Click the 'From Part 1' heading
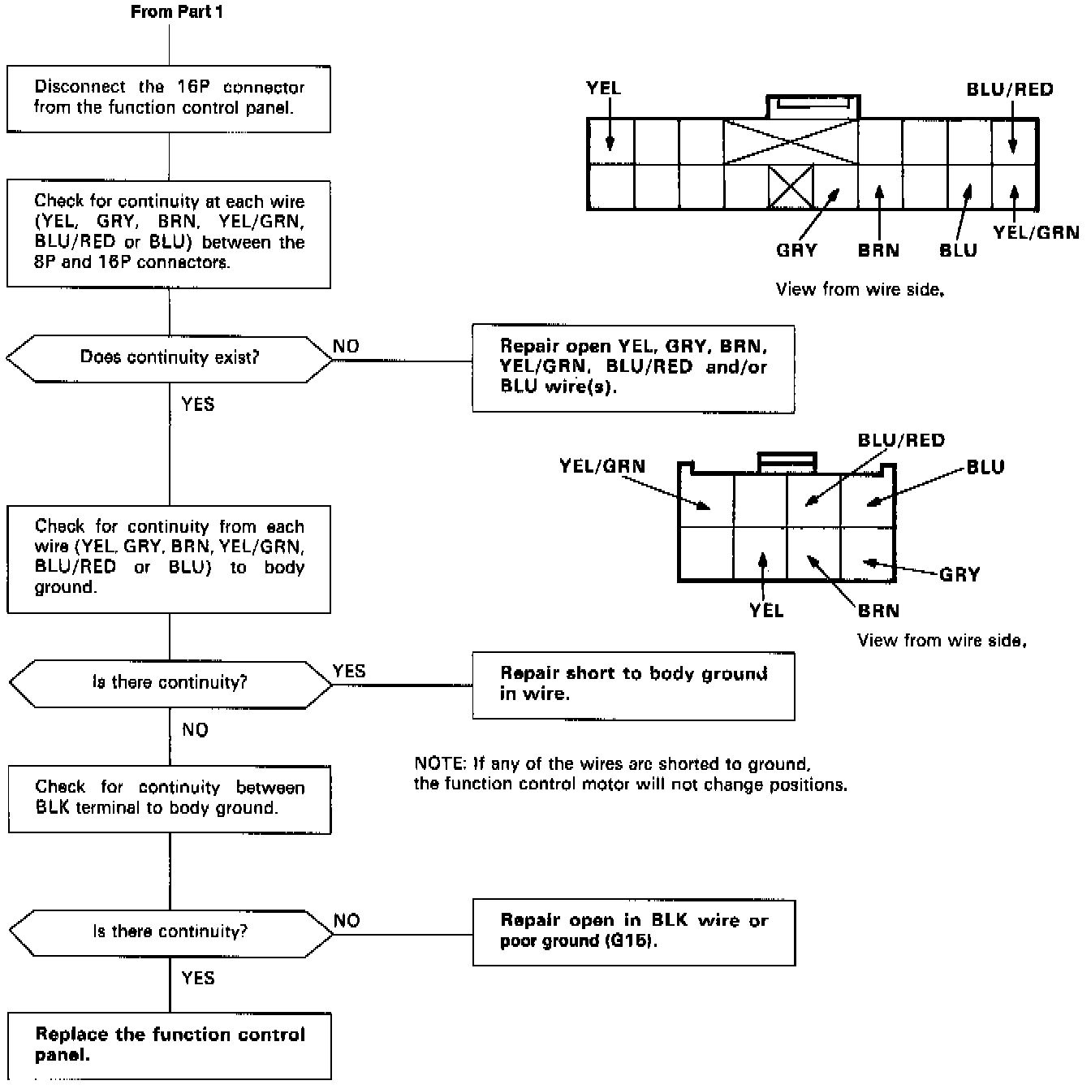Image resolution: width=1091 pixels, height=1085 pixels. click(x=176, y=13)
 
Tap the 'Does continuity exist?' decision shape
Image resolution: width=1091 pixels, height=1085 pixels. click(x=169, y=357)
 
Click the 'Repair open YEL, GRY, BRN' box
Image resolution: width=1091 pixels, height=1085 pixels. click(x=633, y=367)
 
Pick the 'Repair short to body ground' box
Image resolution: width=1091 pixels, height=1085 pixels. click(x=633, y=684)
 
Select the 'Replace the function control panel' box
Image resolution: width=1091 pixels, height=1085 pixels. click(x=169, y=1044)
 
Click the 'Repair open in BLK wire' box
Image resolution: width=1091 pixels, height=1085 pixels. click(x=633, y=931)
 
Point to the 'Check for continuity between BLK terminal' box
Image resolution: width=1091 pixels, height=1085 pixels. click(x=169, y=798)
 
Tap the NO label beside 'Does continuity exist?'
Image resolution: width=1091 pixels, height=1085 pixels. click(x=346, y=347)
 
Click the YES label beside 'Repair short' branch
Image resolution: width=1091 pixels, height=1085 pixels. click(x=349, y=672)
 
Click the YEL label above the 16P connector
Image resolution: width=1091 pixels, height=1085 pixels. click(x=603, y=88)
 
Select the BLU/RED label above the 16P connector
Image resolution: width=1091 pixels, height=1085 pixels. click(x=1009, y=89)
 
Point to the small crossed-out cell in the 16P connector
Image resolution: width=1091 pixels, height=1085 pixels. click(x=791, y=187)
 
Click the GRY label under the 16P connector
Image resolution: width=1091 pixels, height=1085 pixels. click(x=796, y=250)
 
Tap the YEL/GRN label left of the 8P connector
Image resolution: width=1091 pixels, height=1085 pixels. click(x=602, y=466)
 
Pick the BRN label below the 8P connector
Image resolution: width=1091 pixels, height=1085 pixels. click(x=878, y=611)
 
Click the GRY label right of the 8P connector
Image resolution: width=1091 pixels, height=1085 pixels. click(x=959, y=575)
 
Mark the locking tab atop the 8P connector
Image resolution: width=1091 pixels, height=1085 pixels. click(x=787, y=460)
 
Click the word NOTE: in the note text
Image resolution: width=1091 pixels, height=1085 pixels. click(x=438, y=764)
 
